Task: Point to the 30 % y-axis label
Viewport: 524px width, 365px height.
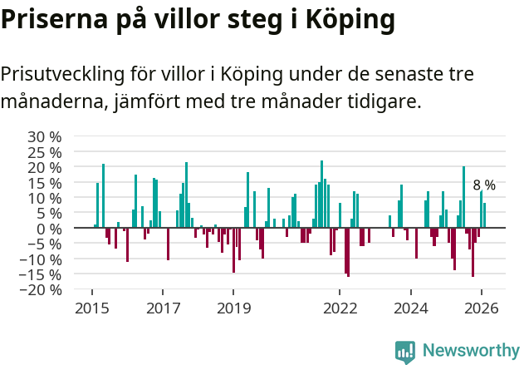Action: click(45, 136)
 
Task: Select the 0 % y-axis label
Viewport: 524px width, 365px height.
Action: click(51, 229)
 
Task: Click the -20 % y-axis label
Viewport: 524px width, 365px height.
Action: click(42, 290)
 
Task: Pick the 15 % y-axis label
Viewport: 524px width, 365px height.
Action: click(45, 182)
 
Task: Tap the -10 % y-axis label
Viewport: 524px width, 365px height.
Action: click(42, 259)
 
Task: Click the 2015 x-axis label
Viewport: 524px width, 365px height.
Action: click(91, 308)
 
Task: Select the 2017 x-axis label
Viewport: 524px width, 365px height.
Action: click(163, 308)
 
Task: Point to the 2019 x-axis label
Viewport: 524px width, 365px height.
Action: click(233, 308)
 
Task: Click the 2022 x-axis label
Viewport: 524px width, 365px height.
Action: click(340, 308)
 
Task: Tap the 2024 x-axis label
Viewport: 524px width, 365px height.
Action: click(410, 308)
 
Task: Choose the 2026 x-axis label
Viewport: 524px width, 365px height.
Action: click(481, 308)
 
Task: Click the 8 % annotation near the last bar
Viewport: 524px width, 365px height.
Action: click(484, 185)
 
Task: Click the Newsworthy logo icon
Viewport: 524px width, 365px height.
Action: click(405, 352)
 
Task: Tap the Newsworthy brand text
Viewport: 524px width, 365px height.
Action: click(471, 352)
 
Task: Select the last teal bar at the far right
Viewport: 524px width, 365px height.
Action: click(484, 215)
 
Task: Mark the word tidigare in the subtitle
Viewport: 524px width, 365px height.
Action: click(383, 103)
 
